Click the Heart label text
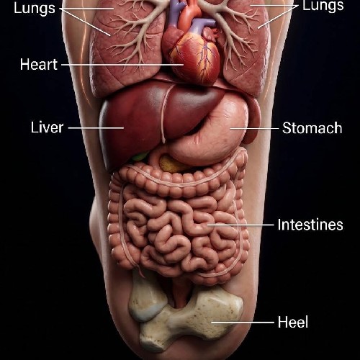(39, 64)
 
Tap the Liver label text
(47, 127)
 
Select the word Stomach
(312, 128)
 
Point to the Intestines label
(310, 225)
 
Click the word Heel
(293, 322)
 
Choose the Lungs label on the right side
(323, 6)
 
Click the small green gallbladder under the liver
(139, 157)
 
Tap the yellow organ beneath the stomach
(171, 164)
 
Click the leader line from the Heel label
(243, 323)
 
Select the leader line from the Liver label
(96, 128)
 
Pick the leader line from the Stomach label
(254, 128)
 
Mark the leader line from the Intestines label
(240, 225)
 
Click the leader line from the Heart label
(122, 65)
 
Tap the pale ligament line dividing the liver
(163, 113)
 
